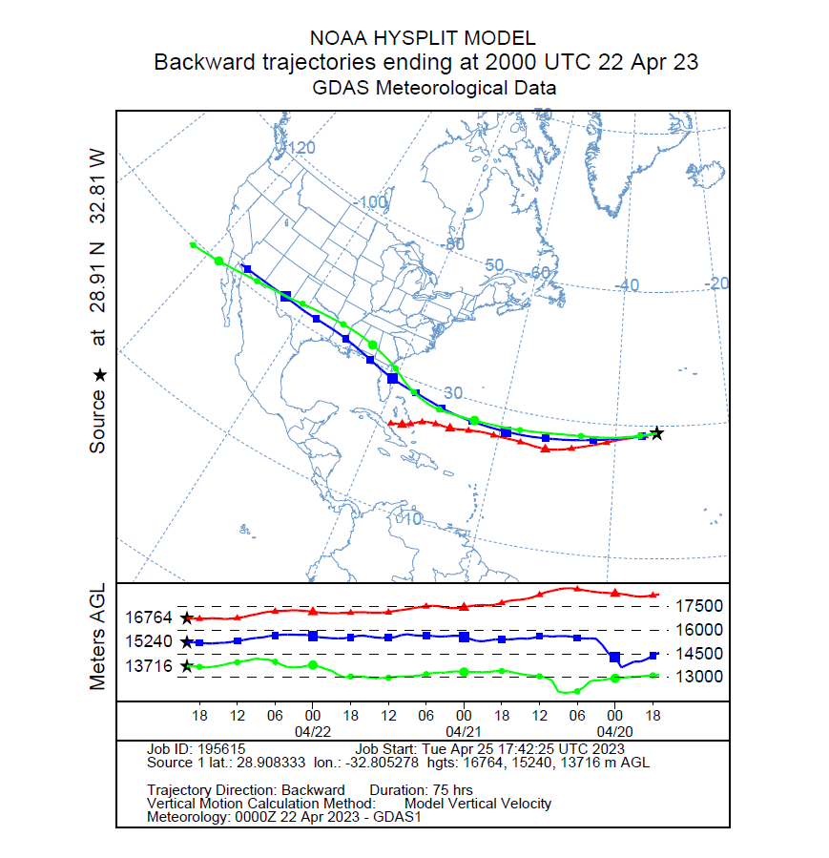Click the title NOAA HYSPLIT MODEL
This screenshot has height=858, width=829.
pos(423,38)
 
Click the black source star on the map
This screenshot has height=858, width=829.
pos(656,433)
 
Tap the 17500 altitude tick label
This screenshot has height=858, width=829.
pos(701,606)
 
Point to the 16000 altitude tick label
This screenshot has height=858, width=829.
pos(701,630)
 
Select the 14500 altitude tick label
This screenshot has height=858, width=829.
pos(701,654)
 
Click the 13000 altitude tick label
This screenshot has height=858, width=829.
pos(701,677)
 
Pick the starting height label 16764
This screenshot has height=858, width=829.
pos(149,617)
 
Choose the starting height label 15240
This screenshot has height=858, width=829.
pos(149,642)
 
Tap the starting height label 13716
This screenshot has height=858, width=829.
pos(149,666)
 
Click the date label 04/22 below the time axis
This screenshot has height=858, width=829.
pos(312,730)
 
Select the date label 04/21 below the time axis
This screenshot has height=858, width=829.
pos(464,730)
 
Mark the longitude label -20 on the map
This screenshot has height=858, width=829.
pos(716,283)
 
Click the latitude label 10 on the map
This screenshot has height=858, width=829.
pos(410,518)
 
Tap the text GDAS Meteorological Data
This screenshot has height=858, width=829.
pos(434,88)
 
